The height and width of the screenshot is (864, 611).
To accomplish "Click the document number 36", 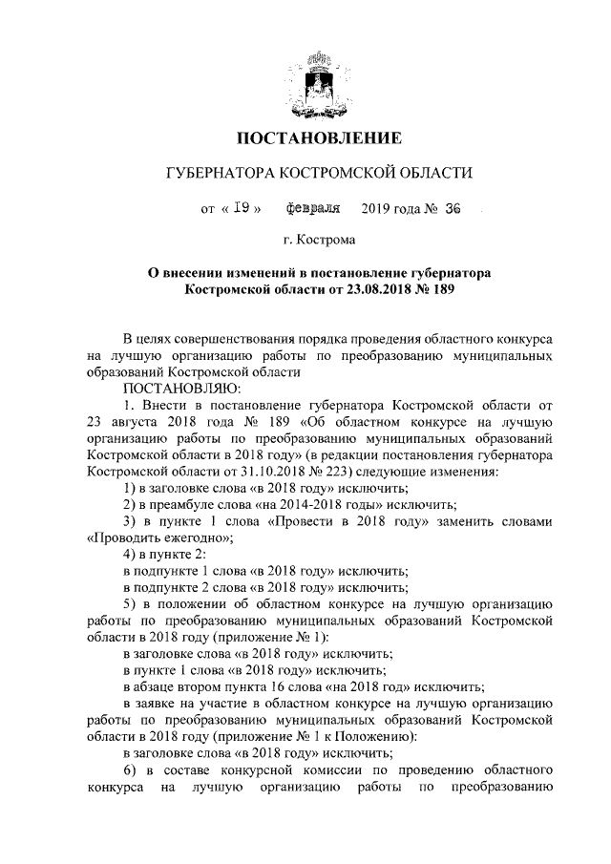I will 452,208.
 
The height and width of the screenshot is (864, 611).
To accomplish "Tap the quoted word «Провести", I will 305,521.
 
